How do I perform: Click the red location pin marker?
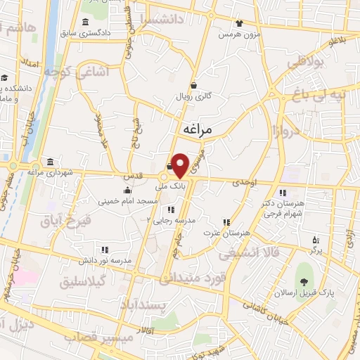[180, 165]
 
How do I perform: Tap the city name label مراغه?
[198, 130]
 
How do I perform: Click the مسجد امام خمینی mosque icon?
[127, 191]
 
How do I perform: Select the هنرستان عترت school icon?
[226, 221]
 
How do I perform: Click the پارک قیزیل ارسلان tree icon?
[304, 283]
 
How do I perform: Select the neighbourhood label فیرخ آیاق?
[69, 222]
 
